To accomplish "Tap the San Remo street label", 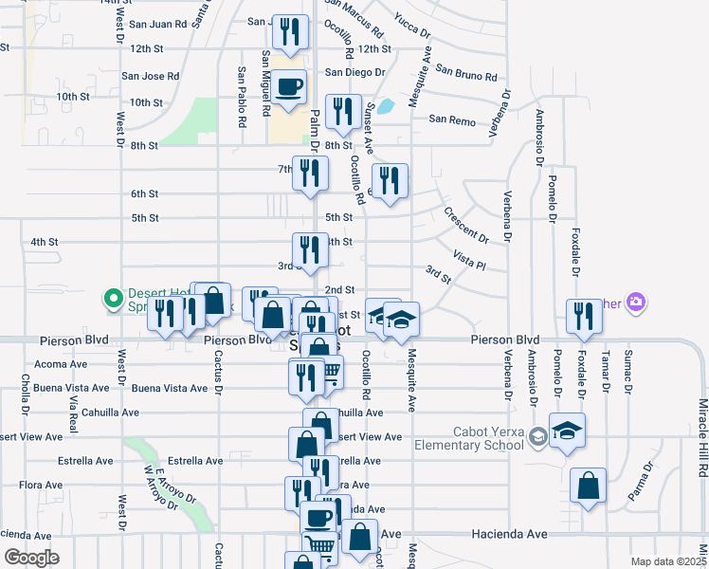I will tap(451, 119).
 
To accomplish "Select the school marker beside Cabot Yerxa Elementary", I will tap(567, 430).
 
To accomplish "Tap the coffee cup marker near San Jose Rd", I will tap(292, 87).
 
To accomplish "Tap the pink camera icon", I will tap(636, 303).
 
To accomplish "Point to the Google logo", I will tap(32, 558).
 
